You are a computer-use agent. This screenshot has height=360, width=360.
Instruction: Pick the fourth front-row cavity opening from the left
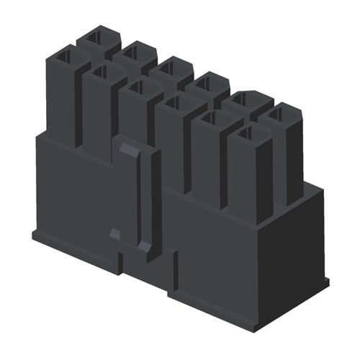[x=174, y=107]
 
